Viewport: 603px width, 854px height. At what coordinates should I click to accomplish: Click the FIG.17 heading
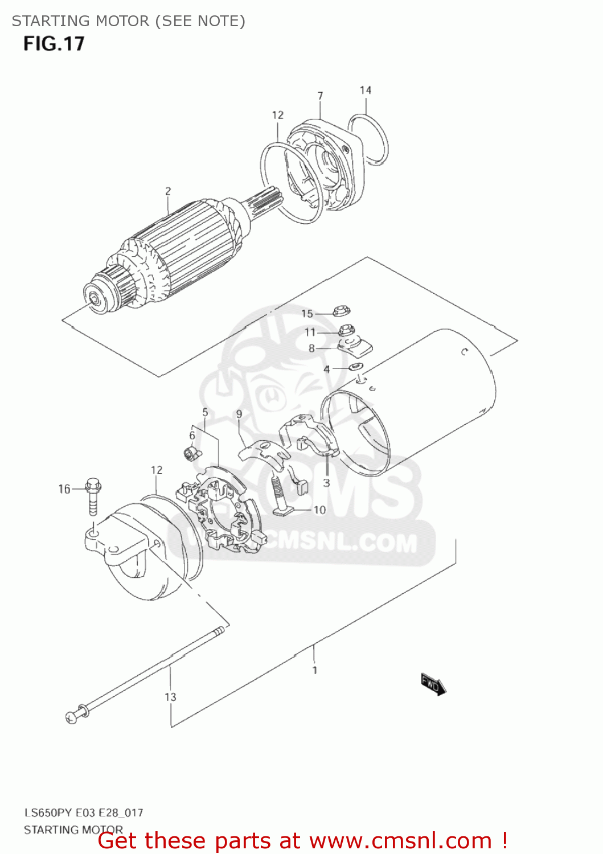coord(54,44)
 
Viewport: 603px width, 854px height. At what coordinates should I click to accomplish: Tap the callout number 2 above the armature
coord(168,191)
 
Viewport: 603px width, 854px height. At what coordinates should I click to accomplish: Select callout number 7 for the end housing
coord(321,96)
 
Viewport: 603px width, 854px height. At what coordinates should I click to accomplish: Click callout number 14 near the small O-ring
coord(366,90)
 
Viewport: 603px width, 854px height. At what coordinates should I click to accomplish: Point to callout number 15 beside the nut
coord(307,314)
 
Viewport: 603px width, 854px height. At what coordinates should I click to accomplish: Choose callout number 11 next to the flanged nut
coord(310,332)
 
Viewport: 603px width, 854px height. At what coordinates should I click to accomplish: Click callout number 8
coord(311,348)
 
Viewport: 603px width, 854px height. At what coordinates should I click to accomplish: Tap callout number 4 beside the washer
coord(326,369)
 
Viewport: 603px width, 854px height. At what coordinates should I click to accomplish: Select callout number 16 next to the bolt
coord(64,489)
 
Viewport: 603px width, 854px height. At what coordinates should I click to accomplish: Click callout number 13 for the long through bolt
coord(170,697)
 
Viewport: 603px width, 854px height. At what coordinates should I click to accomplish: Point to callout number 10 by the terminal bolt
coord(319,510)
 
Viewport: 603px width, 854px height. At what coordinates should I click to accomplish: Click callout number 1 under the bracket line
coord(315,670)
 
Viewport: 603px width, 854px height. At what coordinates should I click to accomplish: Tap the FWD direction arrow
coord(433,683)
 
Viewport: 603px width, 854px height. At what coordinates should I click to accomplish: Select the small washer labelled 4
coord(356,366)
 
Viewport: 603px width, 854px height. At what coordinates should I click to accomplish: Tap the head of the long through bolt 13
coord(72,717)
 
